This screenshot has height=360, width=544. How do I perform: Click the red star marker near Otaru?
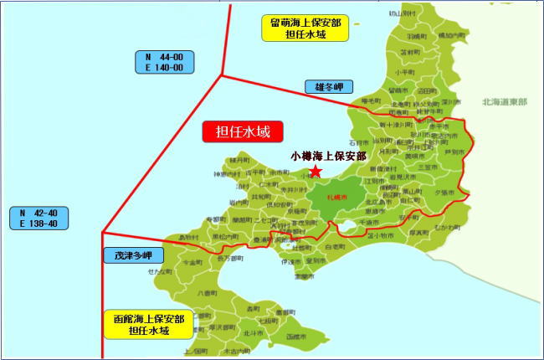pyautogui.click(x=316, y=172)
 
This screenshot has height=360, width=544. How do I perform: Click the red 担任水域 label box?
pyautogui.click(x=244, y=131)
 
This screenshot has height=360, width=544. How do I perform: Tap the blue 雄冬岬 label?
pyautogui.click(x=329, y=86)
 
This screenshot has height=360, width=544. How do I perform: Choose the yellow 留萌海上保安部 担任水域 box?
pyautogui.click(x=298, y=28)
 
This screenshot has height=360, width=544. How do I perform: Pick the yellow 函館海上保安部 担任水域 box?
pyautogui.click(x=149, y=324)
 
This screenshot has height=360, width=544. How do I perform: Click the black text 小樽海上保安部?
pyautogui.click(x=328, y=156)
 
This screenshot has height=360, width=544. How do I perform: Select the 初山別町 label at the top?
pyautogui.click(x=402, y=14)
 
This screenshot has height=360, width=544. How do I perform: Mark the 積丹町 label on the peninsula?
pyautogui.click(x=239, y=158)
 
